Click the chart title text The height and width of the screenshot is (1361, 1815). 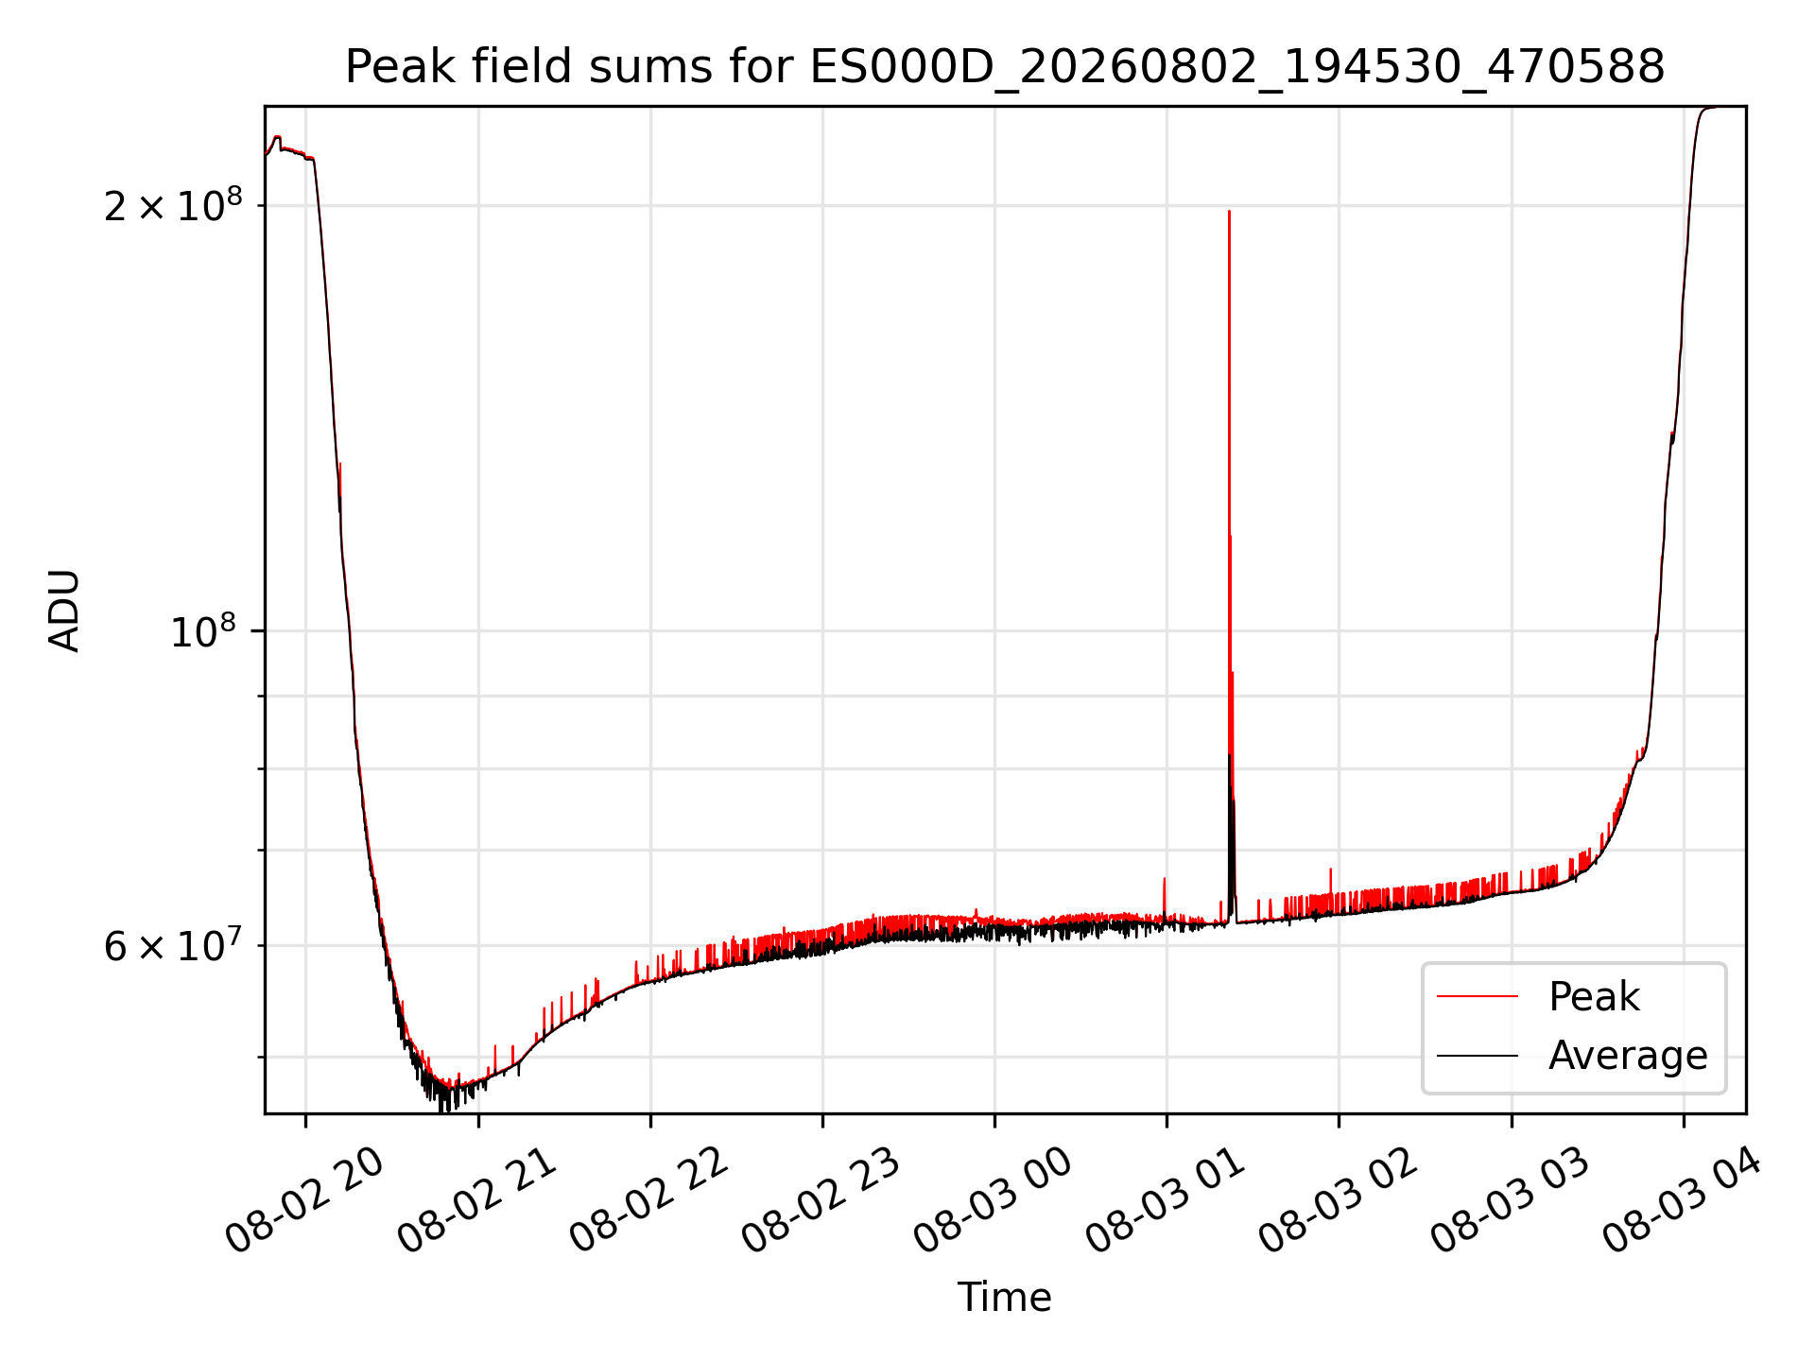tap(1005, 67)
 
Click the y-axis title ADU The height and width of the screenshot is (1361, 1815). tap(64, 610)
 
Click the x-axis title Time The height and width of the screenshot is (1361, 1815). tap(1005, 1297)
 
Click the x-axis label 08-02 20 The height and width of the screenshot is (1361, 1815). tap(304, 1199)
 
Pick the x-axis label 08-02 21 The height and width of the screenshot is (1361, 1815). tap(477, 1199)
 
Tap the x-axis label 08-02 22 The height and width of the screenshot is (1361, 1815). tap(649, 1199)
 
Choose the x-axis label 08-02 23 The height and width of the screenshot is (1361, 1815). tap(821, 1199)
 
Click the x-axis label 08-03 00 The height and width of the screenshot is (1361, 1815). tap(994, 1199)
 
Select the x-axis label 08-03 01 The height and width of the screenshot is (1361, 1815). tap(1166, 1199)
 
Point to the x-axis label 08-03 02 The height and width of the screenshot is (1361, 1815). tap(1339, 1199)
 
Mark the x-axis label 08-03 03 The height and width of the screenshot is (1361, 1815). tap(1511, 1199)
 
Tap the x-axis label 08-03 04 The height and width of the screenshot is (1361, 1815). tap(1683, 1199)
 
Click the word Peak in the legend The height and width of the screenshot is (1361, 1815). tap(1594, 997)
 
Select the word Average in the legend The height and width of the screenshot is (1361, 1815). tap(1628, 1055)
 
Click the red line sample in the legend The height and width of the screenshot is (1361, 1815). tap(1478, 996)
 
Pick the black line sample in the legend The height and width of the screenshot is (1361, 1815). tap(1478, 1055)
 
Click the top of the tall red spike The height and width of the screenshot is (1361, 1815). tap(1229, 211)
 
